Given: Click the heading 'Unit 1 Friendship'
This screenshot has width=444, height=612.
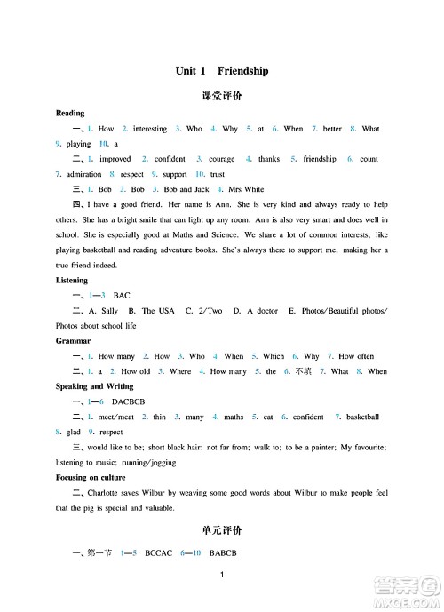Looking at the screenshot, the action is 222,70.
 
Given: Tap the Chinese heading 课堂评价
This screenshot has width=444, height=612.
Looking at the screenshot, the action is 222,96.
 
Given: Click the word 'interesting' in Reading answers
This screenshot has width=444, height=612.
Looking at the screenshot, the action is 150,129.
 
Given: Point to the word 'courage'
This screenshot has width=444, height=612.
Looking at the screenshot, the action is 221,159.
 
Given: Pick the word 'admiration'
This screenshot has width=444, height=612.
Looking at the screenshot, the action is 84,174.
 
